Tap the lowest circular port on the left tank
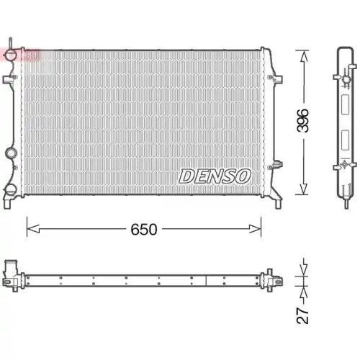12,190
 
